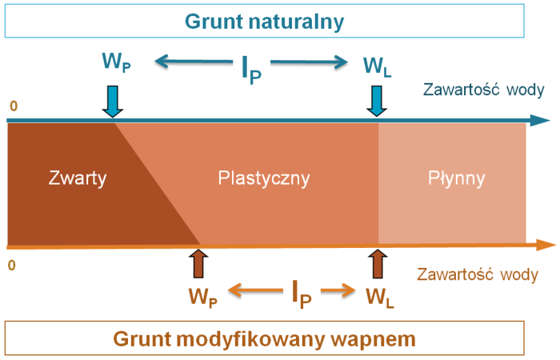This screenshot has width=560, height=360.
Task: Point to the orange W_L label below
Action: [379, 296]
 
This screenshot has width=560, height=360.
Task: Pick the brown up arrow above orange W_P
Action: [198, 263]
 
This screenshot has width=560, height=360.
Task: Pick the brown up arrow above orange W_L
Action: [377, 263]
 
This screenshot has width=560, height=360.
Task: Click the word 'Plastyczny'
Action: [263, 178]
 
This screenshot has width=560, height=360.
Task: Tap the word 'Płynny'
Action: [453, 178]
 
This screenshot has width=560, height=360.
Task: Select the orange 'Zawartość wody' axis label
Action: [478, 274]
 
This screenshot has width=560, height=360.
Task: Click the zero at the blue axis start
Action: [13, 106]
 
